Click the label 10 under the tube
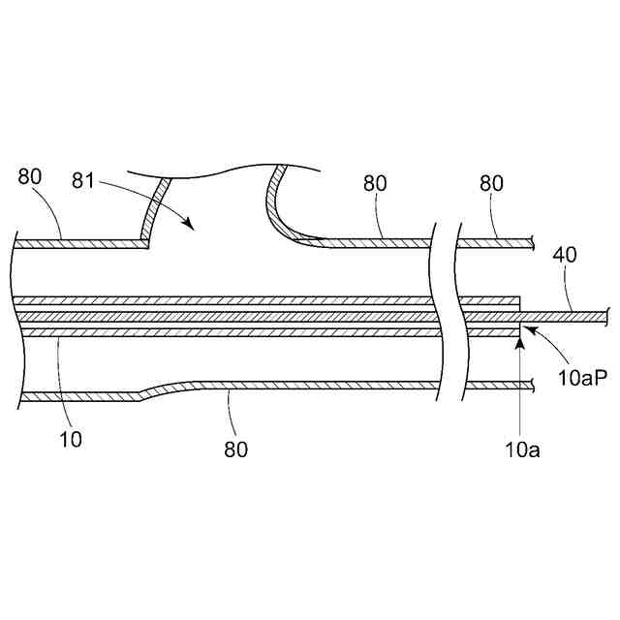71,438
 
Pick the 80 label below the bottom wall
235,449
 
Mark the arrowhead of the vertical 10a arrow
520,332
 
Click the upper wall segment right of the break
499,243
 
